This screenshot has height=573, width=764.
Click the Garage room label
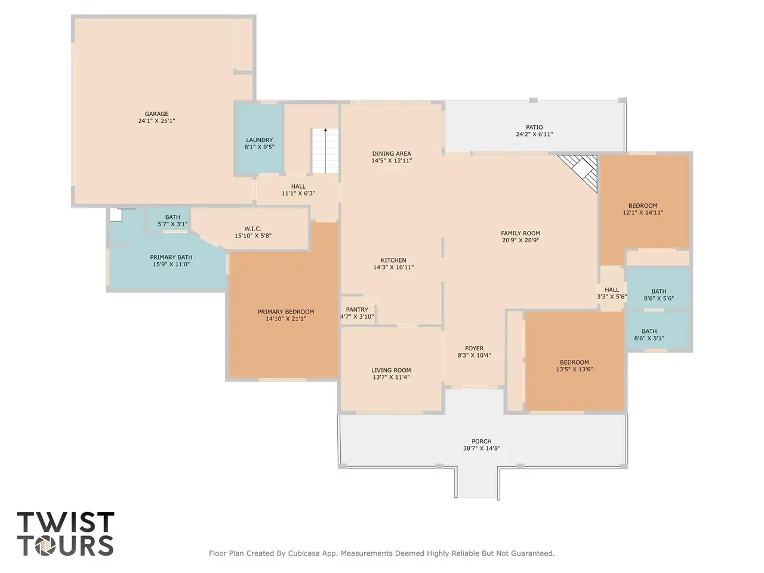[156, 114]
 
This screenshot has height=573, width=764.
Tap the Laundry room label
[259, 140]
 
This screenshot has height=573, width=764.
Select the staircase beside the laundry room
[325, 151]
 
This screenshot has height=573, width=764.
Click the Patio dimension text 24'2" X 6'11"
[534, 134]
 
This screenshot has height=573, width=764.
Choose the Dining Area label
[392, 153]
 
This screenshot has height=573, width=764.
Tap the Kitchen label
[393, 260]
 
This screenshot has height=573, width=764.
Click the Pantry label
[357, 310]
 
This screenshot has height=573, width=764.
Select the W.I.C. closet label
[252, 229]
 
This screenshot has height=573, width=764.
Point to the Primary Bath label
[171, 257]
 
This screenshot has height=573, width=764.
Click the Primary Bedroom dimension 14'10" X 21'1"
[286, 319]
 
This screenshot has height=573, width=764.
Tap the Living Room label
[391, 370]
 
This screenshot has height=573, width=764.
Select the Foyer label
[474, 348]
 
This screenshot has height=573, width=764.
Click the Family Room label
[520, 233]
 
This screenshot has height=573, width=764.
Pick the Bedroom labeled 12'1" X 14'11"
[643, 209]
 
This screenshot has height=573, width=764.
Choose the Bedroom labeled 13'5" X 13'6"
[574, 366]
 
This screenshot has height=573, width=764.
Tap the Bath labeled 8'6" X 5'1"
[649, 335]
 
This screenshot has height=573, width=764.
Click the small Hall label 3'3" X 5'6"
[612, 293]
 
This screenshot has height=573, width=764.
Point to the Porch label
[481, 442]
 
